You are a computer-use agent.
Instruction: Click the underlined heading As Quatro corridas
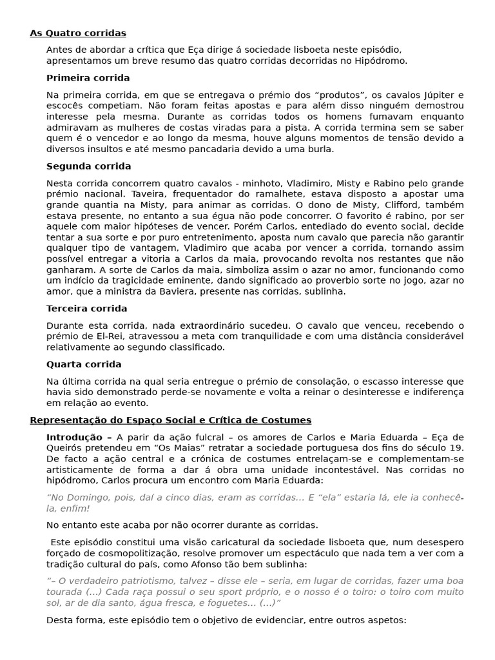pyautogui.click(x=78, y=33)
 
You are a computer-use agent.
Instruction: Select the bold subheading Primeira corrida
pyautogui.click(x=88, y=78)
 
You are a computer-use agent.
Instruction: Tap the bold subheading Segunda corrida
pyautogui.click(x=88, y=166)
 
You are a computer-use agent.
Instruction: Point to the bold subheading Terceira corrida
pyautogui.click(x=86, y=309)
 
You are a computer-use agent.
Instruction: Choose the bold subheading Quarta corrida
pyautogui.click(x=84, y=365)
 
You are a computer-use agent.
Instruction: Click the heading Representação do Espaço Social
pyautogui.click(x=170, y=420)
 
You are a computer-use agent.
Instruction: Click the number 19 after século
pyautogui.click(x=457, y=448)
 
